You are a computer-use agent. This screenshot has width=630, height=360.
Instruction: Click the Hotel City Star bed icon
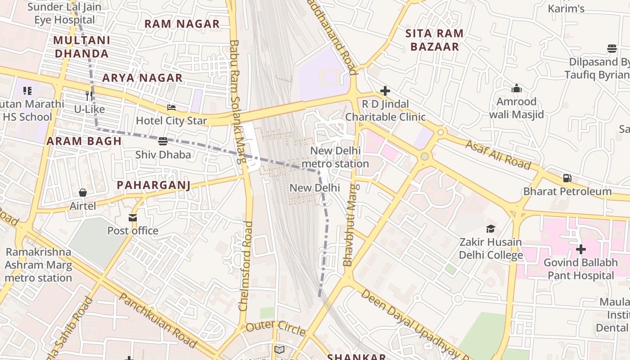pyautogui.click(x=171, y=108)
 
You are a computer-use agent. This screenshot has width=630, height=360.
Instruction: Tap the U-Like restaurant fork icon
pyautogui.click(x=89, y=95)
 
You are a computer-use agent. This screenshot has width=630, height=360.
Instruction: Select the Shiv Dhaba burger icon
pyautogui.click(x=163, y=141)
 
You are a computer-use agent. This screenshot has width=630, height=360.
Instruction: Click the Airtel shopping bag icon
pyautogui.click(x=83, y=193)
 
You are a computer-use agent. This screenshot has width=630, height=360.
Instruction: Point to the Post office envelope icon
pyautogui.click(x=133, y=218)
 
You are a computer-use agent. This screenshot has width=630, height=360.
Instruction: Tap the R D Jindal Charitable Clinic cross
pyautogui.click(x=385, y=91)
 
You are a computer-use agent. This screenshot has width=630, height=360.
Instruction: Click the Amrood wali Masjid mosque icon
pyautogui.click(x=517, y=88)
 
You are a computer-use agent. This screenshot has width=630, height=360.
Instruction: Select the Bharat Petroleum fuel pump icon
pyautogui.click(x=567, y=178)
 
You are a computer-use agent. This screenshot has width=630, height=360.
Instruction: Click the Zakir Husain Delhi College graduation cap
pyautogui.click(x=490, y=229)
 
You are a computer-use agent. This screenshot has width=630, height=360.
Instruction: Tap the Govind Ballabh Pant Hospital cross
pyautogui.click(x=581, y=249)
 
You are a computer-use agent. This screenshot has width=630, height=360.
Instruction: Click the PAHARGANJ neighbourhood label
pyautogui.click(x=153, y=185)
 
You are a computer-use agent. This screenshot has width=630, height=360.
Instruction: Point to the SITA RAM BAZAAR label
pyautogui.click(x=434, y=40)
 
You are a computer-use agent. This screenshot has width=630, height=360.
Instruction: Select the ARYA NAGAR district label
pyautogui.click(x=142, y=78)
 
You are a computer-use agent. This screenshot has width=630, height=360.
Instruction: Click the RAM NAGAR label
pyautogui.click(x=182, y=24)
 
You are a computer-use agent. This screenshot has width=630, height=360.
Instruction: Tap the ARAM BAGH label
pyautogui.click(x=84, y=141)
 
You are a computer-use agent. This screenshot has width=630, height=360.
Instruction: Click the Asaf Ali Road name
pyautogui.click(x=498, y=154)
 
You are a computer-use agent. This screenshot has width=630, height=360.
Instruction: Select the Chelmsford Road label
pyautogui.click(x=246, y=266)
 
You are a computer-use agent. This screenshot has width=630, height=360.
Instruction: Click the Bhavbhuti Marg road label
pyautogui.click(x=350, y=225)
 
